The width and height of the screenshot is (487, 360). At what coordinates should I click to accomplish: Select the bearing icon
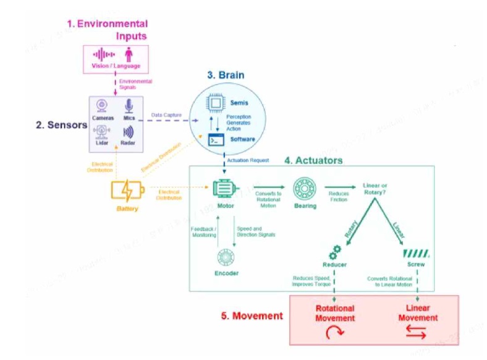click(x=304, y=188)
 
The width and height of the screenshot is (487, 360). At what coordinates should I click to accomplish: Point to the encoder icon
click(x=226, y=257)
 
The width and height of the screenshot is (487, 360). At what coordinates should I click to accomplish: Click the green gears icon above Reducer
click(x=334, y=252)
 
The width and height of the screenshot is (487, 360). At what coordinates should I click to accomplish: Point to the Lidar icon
click(x=102, y=131)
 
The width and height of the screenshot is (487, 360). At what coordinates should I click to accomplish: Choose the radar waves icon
click(x=129, y=132)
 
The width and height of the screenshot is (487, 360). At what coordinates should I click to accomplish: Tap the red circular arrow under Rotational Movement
click(x=334, y=333)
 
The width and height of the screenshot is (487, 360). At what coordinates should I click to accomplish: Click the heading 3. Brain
click(x=226, y=75)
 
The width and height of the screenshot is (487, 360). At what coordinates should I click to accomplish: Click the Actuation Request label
click(x=247, y=160)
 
